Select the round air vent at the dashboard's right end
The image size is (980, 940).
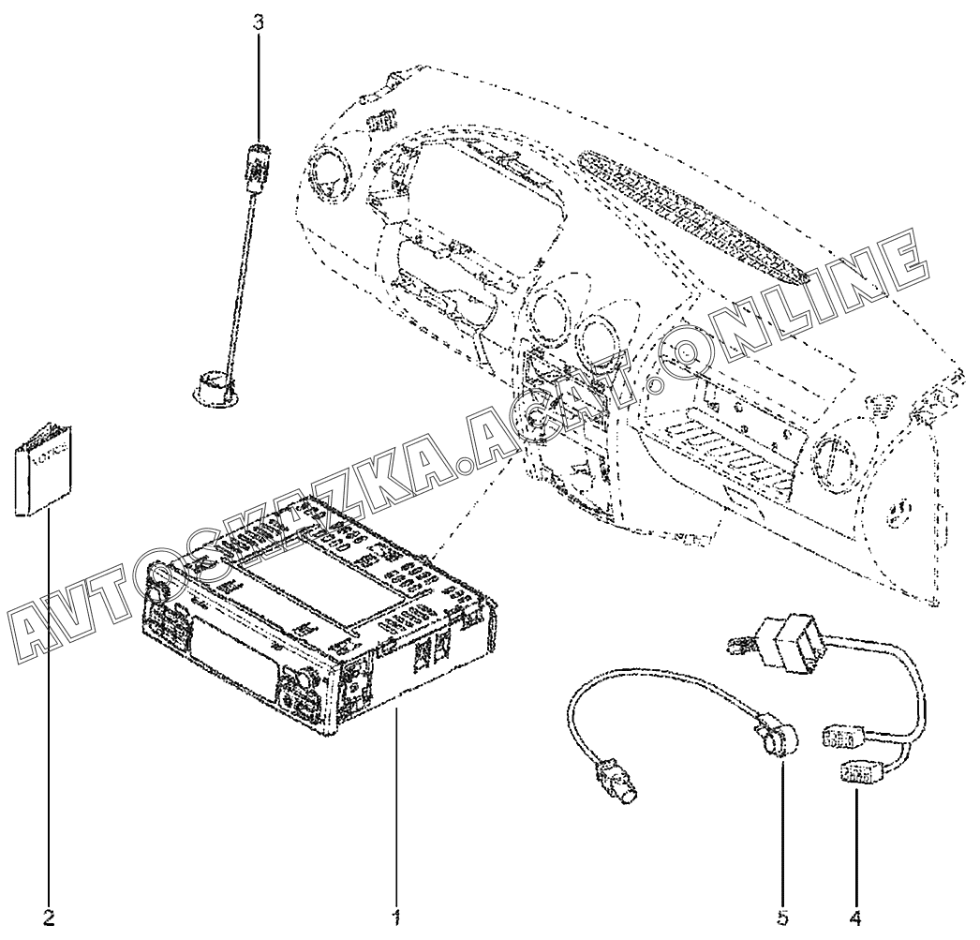[x=832, y=459]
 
